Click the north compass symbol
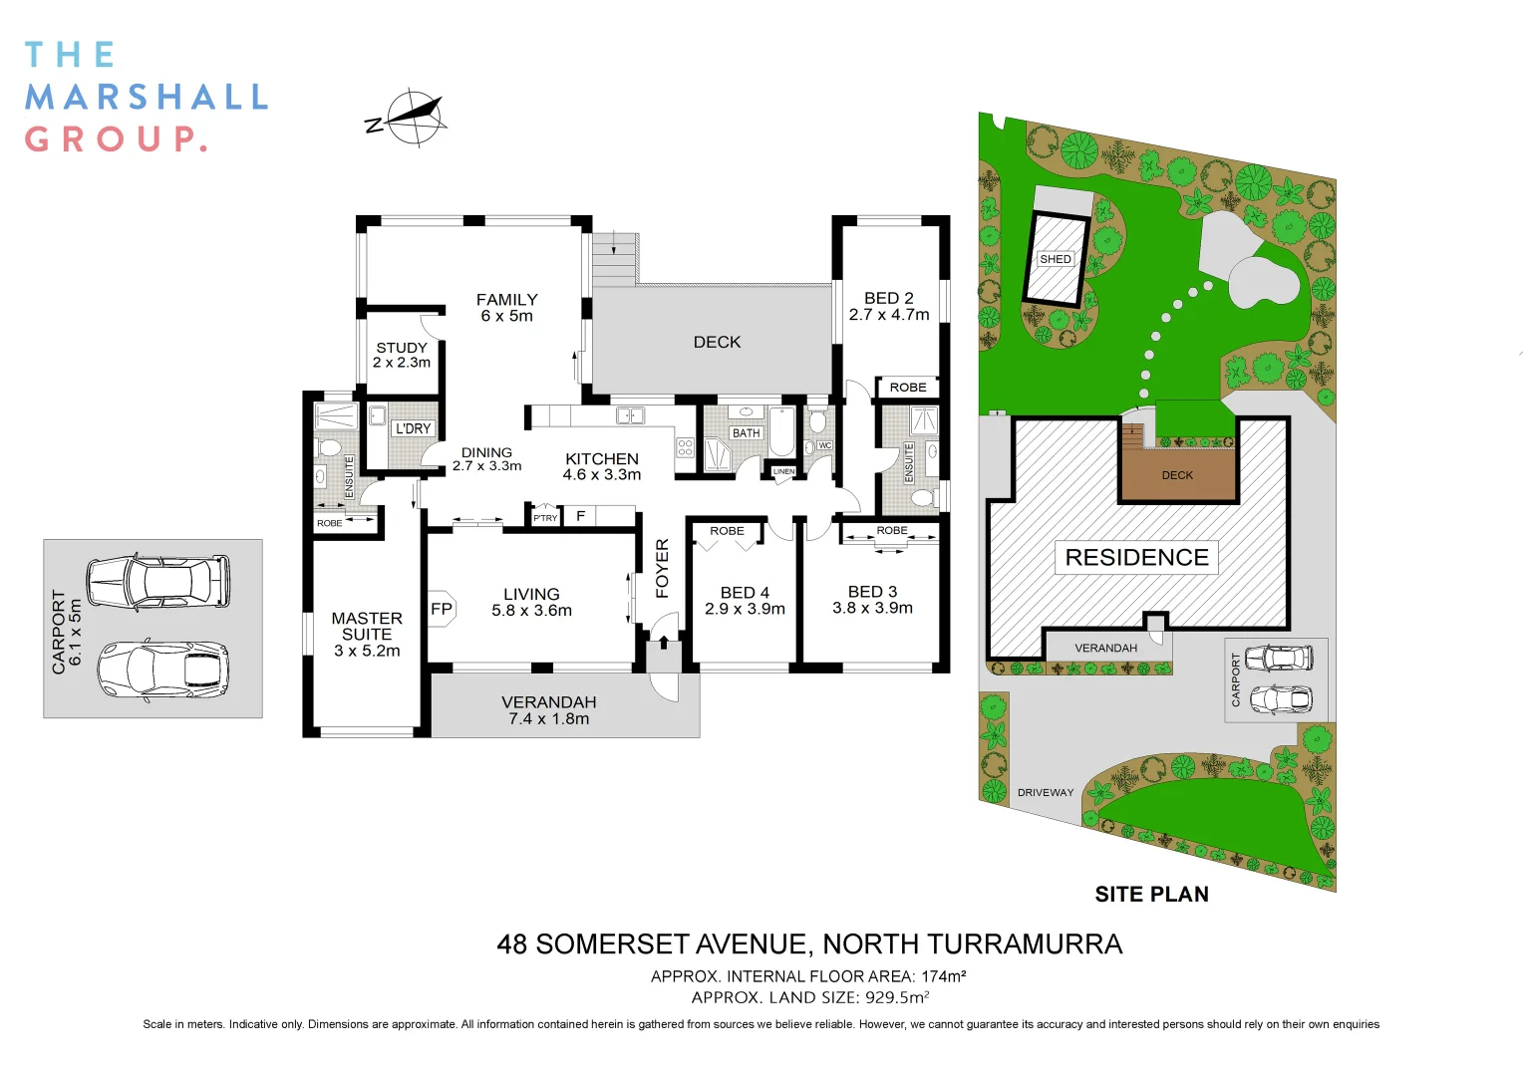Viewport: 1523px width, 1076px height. pos(408,118)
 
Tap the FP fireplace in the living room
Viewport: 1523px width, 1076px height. pos(442,609)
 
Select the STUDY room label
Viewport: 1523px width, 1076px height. pos(402,348)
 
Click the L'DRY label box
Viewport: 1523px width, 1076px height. pos(413,428)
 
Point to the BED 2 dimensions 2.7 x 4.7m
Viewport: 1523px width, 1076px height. pos(889,315)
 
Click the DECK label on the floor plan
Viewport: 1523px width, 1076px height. pos(717,342)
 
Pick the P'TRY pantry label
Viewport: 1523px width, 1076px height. pos(545,518)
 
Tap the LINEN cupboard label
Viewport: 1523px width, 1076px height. pos(784,471)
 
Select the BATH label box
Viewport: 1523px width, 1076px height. pos(747,433)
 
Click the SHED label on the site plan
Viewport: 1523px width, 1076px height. pos(1055,259)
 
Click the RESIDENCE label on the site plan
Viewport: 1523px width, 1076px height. pos(1136,557)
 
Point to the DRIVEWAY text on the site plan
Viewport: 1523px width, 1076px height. pos(1046,793)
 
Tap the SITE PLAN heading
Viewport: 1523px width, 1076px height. pos(1151,895)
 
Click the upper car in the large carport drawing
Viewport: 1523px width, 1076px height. pos(157,581)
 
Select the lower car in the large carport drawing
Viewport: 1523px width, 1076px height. pos(162,668)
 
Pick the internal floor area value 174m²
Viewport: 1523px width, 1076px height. pos(943,976)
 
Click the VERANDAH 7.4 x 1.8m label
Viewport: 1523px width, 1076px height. pos(549,710)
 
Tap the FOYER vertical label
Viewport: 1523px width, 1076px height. pos(662,568)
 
